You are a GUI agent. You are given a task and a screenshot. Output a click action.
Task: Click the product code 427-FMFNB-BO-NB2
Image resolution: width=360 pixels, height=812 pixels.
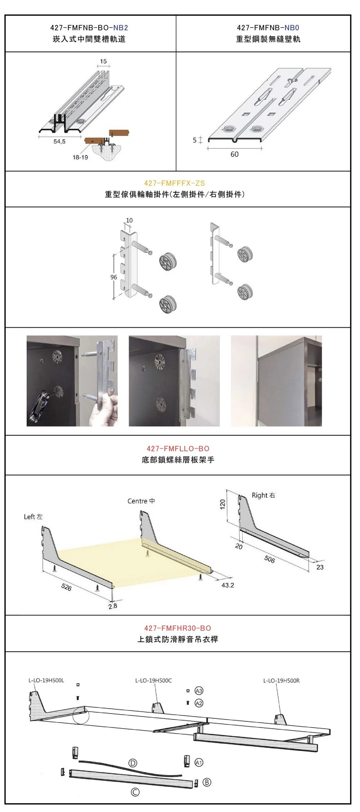click(x=89, y=28)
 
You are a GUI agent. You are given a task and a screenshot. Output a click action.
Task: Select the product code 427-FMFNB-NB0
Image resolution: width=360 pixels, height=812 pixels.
click(x=268, y=28)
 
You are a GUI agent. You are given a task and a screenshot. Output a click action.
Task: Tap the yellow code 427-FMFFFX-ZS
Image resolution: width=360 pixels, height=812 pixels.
click(x=175, y=183)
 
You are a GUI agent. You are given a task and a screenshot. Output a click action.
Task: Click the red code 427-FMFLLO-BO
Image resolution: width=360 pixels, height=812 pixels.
click(x=178, y=449)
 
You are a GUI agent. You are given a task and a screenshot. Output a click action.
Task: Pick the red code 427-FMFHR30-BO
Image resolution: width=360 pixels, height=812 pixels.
click(x=178, y=628)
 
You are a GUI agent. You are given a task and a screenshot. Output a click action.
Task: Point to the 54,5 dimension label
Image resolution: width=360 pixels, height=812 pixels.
click(x=59, y=142)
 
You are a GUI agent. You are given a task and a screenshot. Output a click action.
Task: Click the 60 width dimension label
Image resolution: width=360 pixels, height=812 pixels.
click(x=234, y=154)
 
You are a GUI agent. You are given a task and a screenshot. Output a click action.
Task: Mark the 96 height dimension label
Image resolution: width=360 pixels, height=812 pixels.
click(x=114, y=277)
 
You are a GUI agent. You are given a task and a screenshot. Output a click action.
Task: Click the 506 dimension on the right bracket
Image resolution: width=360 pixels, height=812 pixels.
click(x=269, y=559)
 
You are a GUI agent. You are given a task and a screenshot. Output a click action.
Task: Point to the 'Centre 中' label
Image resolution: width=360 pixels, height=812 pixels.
click(x=141, y=501)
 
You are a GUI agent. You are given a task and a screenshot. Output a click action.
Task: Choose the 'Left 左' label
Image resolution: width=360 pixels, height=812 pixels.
click(x=33, y=517)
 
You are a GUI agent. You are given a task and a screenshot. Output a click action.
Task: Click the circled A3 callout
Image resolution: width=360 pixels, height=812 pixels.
click(x=199, y=691)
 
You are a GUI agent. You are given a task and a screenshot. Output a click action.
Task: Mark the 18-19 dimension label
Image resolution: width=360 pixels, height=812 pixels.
click(x=80, y=157)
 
